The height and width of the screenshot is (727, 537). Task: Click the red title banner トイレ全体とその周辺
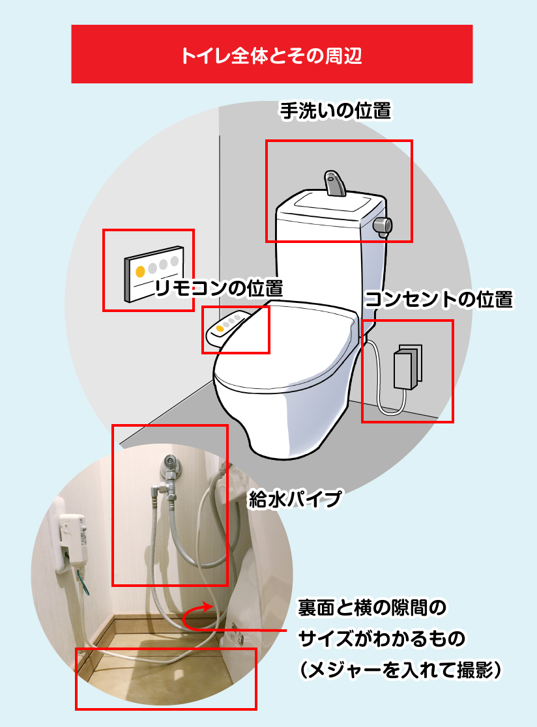coord(272,54)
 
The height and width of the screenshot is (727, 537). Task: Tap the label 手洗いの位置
coord(336,111)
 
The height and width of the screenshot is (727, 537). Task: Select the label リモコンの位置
coord(218,289)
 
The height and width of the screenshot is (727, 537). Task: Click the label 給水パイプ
coord(295,500)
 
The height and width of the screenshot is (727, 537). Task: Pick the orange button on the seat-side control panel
coord(220,328)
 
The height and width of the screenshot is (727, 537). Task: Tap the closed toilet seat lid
coord(286,349)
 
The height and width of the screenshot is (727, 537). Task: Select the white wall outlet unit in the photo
coord(69,537)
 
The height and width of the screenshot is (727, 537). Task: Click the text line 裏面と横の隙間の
coord(372,607)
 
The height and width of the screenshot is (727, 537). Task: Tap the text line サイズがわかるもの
coord(382,638)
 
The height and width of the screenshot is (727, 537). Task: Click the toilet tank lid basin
coord(331,204)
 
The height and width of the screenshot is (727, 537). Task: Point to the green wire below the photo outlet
coord(83,582)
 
